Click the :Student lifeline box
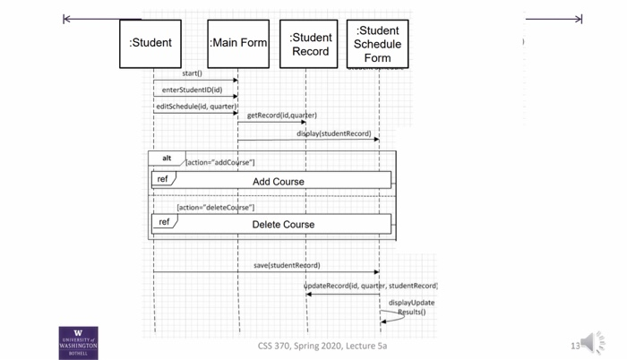150,43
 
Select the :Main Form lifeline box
238,43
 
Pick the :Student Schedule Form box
377,44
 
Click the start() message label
192,73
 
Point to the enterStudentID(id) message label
192,90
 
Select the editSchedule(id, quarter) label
195,107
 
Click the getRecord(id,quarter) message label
281,116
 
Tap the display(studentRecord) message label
333,133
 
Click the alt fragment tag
167,159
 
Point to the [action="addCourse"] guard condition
219,162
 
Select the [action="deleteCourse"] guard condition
215,207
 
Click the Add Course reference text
278,181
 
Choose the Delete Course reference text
283,224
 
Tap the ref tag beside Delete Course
164,222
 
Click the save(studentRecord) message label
287,265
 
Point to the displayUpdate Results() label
411,307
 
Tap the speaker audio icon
592,342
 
